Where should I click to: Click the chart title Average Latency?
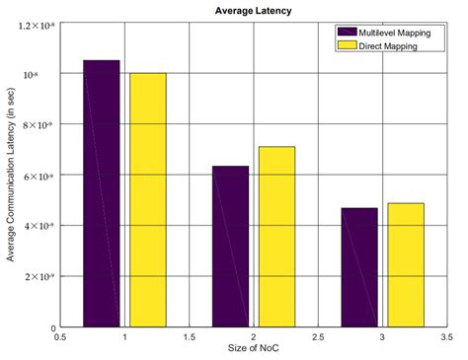252,11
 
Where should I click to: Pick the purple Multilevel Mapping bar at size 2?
230,246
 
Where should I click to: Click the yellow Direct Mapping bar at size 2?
276,236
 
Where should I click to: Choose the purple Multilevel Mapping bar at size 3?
359,267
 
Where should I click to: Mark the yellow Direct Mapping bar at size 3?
406,264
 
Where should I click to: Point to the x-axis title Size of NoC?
252,350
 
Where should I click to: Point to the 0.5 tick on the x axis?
59,337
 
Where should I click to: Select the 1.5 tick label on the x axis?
189,337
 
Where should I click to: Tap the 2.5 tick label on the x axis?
318,337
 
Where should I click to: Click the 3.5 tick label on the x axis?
446,337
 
